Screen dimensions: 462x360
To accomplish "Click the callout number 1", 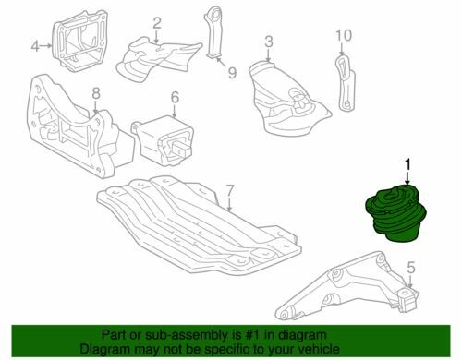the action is (407, 165).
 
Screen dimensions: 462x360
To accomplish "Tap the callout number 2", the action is (157, 23).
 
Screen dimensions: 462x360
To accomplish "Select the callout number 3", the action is (269, 42).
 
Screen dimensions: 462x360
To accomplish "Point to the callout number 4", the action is (35, 46).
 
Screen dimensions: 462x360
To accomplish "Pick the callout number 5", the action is (411, 268).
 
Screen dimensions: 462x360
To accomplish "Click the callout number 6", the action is (175, 98).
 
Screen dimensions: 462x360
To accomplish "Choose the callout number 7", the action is (230, 191).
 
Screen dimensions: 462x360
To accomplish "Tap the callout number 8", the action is (96, 94).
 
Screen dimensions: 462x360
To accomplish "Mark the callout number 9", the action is (232, 73).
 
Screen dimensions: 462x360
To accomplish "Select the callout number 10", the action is (344, 35).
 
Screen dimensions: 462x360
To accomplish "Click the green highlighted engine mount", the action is (395, 213).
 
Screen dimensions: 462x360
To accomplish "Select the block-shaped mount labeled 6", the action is (164, 140).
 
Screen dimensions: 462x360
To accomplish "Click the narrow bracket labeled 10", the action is (345, 82).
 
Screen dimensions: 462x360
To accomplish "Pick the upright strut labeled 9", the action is (213, 32).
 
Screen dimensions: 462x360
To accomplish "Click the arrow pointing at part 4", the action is (46, 46).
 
